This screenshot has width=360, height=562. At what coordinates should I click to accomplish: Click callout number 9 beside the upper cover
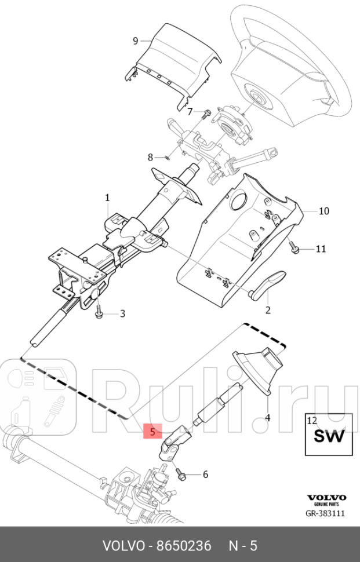tap(135, 41)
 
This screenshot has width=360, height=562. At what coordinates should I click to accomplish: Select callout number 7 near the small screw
tap(190, 111)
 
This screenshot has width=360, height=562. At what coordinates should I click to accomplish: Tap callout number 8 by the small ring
tap(150, 157)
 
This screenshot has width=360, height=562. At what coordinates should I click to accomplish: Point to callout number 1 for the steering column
tap(107, 198)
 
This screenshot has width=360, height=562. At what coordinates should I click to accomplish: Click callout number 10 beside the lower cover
tap(323, 211)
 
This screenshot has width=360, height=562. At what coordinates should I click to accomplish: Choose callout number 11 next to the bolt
tap(321, 249)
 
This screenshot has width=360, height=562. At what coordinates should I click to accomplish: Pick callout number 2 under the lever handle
tap(268, 310)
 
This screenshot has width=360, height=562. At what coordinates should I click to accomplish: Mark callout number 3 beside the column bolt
tap(122, 314)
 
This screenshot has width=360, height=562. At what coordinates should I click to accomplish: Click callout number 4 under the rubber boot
tap(267, 417)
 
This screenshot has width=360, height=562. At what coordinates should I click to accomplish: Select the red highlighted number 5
tap(152, 432)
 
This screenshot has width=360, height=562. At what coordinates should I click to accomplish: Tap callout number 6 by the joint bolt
tap(205, 475)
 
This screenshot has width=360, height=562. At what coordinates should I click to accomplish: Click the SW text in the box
tap(329, 436)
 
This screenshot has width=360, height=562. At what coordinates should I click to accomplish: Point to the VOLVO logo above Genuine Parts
tap(326, 497)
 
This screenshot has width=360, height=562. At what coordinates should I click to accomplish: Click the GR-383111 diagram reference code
tap(326, 513)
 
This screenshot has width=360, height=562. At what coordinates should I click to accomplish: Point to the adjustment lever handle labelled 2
tap(269, 284)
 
